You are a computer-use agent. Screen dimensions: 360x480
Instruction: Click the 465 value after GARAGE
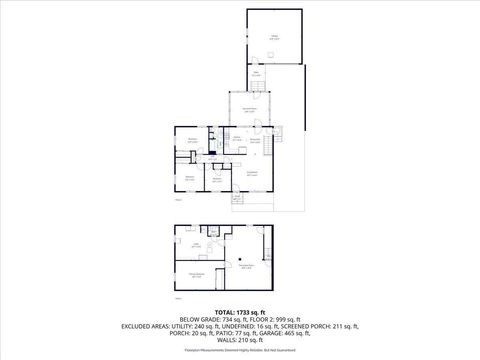(319, 335)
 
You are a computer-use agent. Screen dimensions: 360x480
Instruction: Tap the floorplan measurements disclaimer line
(240, 353)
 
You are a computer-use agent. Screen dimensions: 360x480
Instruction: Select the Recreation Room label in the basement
(246, 266)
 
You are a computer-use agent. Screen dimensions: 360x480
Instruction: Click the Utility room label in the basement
(197, 244)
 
